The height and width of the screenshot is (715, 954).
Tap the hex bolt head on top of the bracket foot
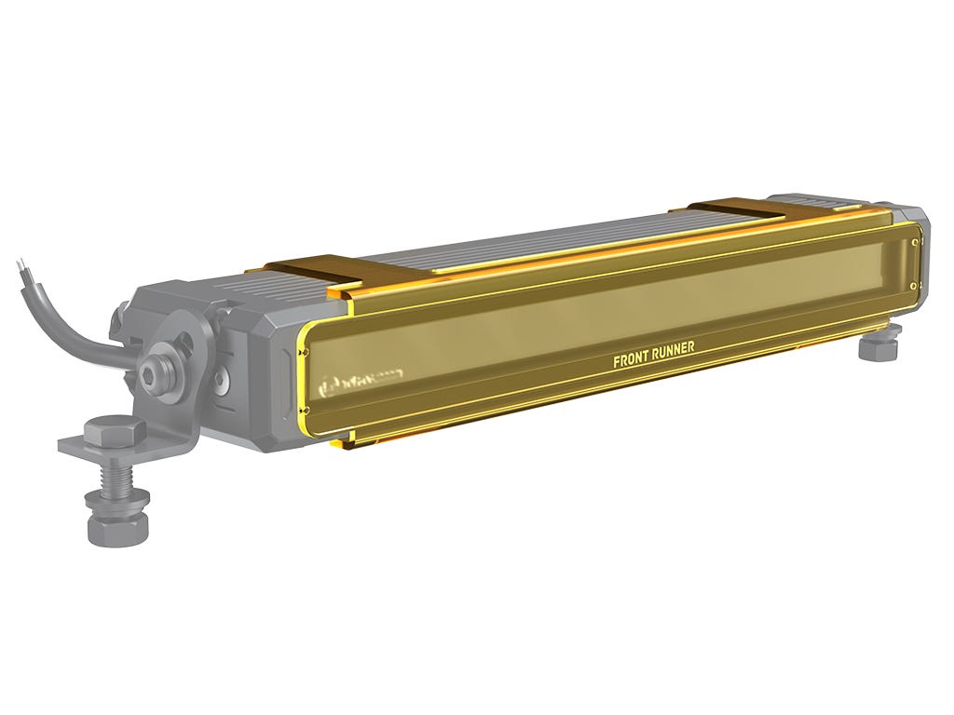point(114,432)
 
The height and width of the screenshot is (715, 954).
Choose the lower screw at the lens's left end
point(305,410)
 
